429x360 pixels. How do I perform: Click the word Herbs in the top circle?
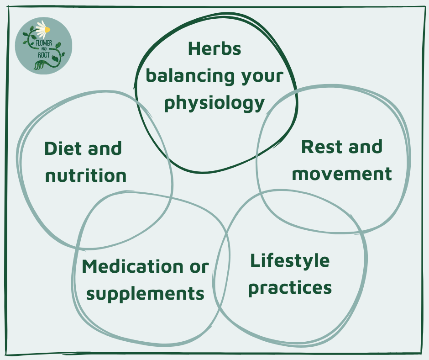214,49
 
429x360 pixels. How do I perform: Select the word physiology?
214,104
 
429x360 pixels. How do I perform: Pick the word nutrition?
86,175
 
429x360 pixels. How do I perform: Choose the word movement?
342,174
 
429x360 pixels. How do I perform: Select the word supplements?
145,293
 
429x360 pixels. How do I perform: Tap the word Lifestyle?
289,261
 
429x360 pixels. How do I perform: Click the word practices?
289,288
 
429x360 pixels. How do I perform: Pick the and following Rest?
364,147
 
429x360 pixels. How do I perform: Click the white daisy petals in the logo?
42,26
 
